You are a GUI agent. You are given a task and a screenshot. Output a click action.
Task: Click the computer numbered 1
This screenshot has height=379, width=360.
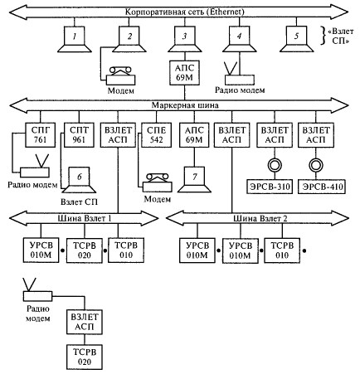pos(75,39)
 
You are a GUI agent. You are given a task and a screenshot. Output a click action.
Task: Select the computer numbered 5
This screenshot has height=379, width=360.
pos(297,39)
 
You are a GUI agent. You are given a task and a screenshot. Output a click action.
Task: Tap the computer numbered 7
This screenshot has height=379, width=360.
pos(194,179)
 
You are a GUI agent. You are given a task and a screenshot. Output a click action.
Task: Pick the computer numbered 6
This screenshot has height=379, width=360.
pos(79,180)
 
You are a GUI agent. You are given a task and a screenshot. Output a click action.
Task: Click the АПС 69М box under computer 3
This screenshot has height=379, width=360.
pos(184,73)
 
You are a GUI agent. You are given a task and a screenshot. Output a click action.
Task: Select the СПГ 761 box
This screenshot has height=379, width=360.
pos(41,135)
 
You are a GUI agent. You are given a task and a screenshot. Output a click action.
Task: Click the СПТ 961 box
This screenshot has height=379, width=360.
pos(79,135)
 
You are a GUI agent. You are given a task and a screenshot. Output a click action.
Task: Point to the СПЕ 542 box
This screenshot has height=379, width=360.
pos(157,135)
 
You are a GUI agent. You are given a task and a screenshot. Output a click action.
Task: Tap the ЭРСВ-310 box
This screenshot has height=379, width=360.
pos(270,187)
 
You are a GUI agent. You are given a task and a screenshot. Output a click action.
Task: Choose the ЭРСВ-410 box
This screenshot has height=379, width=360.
pos(322,187)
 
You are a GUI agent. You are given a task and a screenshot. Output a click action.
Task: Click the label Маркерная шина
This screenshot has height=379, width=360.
pos(185,105)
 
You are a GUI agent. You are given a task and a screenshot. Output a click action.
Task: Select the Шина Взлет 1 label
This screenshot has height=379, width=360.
pos(85,218)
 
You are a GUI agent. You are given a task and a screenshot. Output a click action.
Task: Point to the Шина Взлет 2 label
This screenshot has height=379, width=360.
pos(260,218)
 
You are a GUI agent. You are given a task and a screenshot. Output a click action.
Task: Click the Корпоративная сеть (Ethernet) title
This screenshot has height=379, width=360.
pos(185,12)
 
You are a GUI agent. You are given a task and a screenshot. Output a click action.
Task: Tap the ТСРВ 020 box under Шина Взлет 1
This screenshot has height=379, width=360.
pos(85,250)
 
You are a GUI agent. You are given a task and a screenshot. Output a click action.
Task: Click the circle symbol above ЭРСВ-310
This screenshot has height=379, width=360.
pos(275,165)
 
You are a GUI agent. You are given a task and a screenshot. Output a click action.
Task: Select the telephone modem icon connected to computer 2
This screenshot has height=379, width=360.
pos(121,75)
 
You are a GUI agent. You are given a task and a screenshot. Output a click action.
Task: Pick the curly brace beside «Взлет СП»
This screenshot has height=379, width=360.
pos(324,36)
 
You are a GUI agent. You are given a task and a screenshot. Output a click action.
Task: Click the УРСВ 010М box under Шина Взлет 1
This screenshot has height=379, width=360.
pos(41,250)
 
